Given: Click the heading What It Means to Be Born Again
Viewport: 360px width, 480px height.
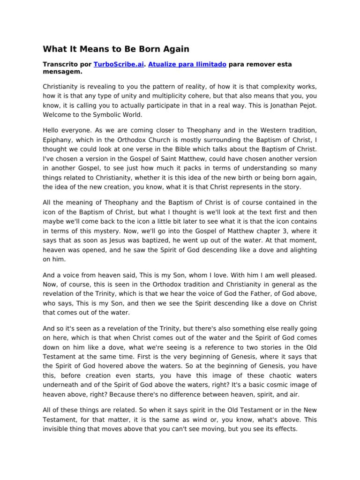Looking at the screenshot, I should tap(117, 49).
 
